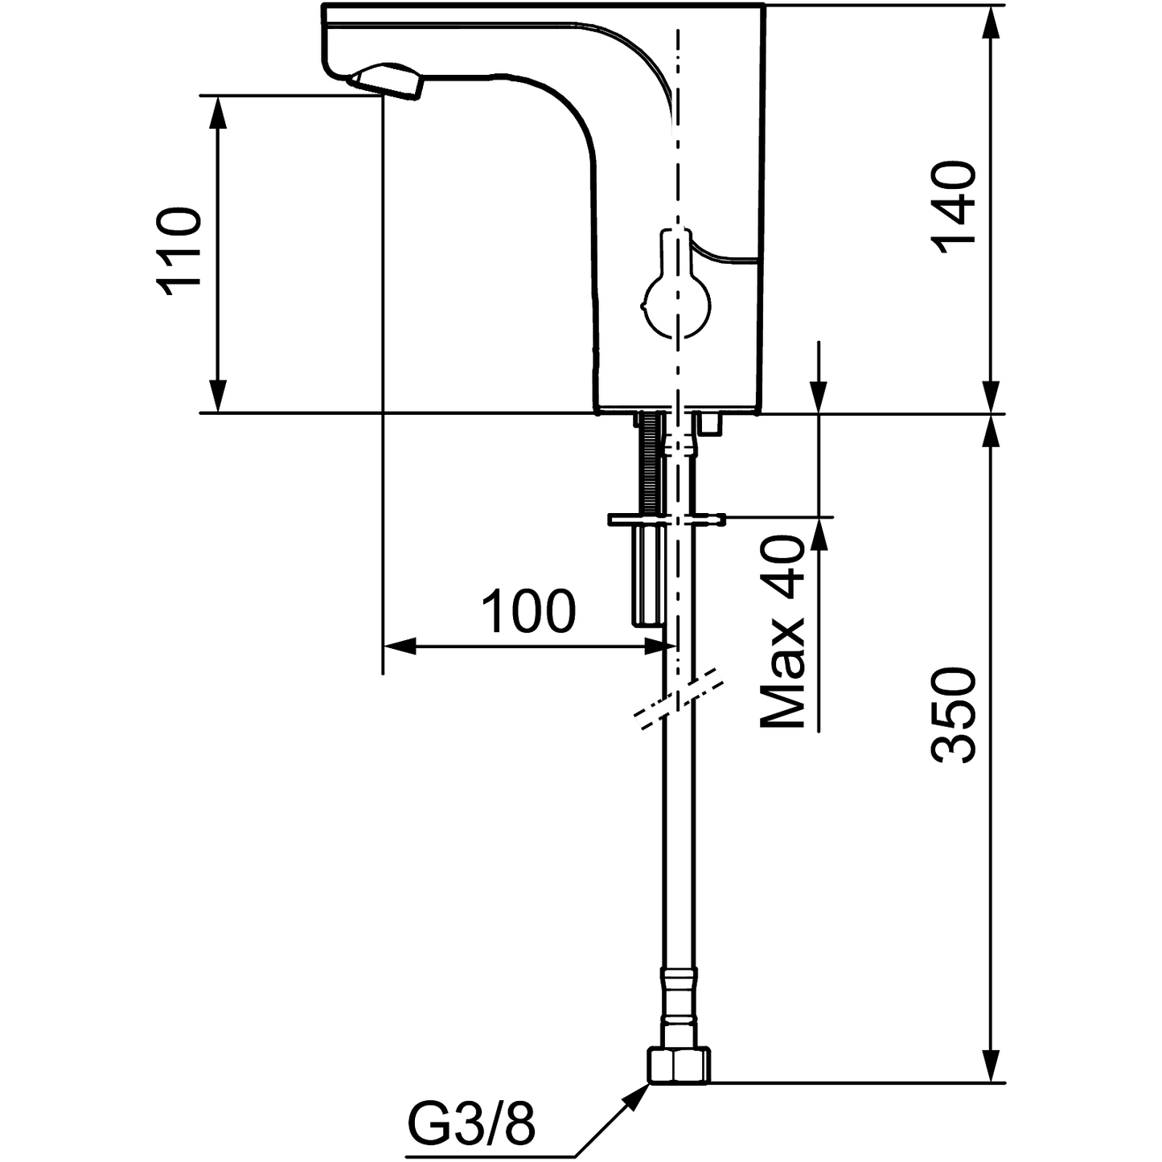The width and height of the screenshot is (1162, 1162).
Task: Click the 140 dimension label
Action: tap(955, 205)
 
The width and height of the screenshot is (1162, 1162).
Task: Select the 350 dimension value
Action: tap(955, 713)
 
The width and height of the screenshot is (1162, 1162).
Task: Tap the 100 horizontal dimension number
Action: tap(528, 611)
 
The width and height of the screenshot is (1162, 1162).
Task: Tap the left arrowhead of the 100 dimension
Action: tap(399, 646)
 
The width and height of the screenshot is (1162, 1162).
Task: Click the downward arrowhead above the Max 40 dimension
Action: tap(819, 397)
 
